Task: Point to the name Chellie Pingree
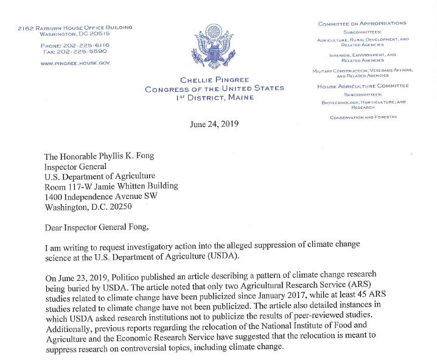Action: click(214, 80)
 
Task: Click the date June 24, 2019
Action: click(215, 123)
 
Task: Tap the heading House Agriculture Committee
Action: click(363, 86)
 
